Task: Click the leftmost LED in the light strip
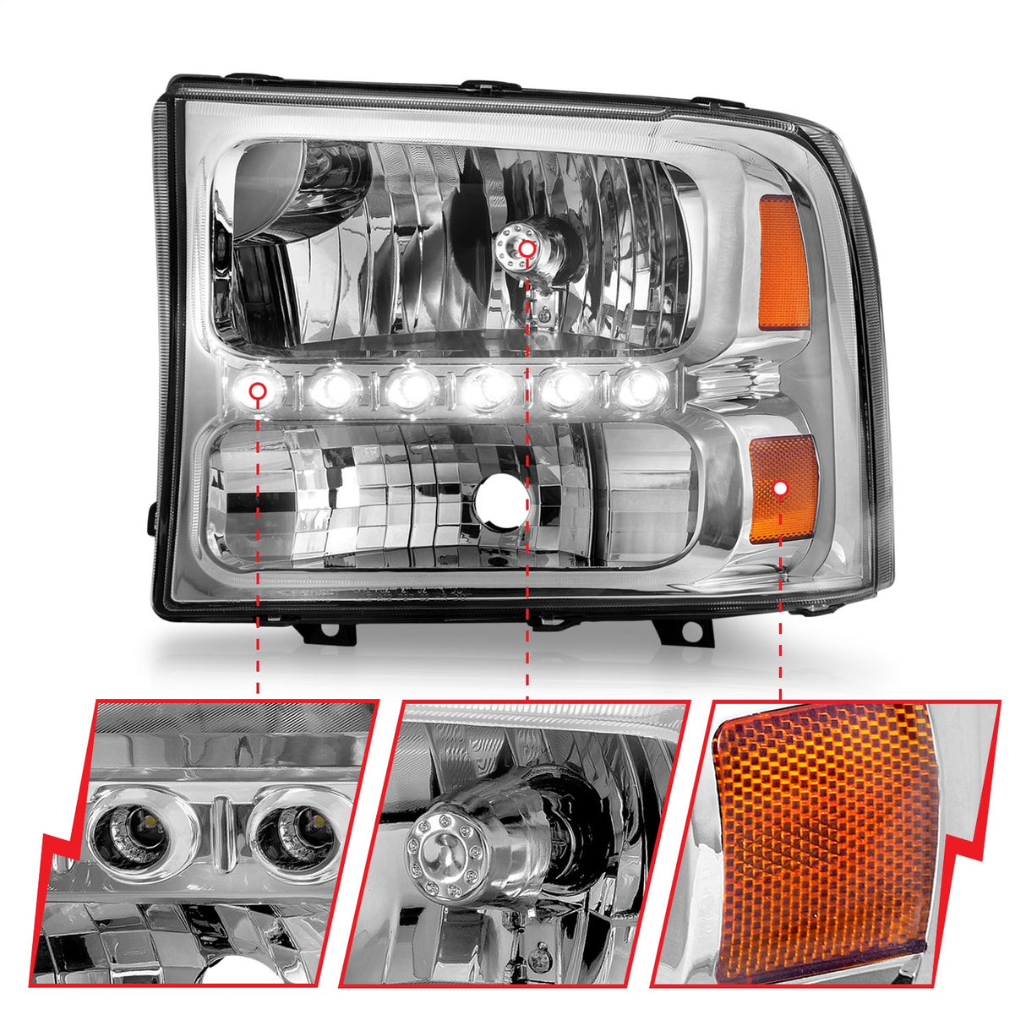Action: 258,390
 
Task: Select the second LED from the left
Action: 335,390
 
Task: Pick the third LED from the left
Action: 412,389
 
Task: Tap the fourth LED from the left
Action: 488,388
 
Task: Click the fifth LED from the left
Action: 565,388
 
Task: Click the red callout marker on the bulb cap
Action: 527,248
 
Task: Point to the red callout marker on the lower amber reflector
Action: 781,488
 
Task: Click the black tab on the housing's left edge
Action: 153,516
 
